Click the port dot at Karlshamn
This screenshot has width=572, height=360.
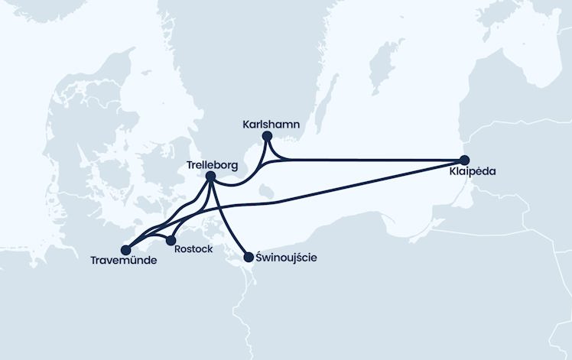point(267,137)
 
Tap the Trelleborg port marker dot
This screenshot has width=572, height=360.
point(210,177)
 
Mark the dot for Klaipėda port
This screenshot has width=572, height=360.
point(463,161)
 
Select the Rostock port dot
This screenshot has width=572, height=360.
point(171,241)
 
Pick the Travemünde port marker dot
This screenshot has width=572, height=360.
point(127,249)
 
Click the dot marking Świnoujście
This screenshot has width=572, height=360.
point(248,258)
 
